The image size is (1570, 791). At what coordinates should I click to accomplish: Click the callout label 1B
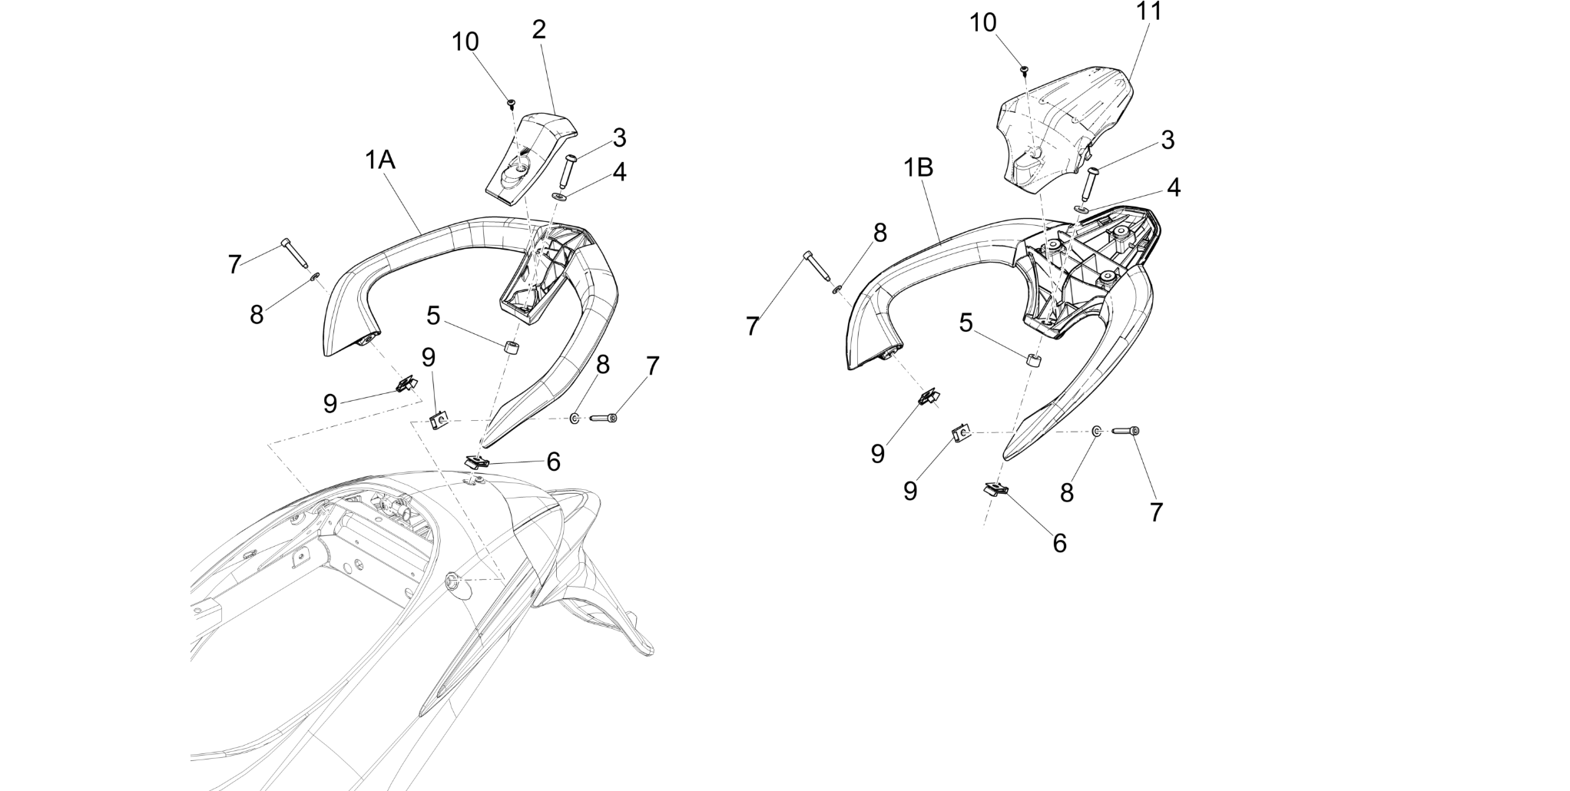(918, 167)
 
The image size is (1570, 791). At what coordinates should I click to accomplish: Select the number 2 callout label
(539, 30)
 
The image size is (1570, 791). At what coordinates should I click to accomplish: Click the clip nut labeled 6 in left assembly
(478, 462)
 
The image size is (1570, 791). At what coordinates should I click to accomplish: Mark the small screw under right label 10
(1024, 70)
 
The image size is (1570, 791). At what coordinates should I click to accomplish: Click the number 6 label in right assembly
(1059, 543)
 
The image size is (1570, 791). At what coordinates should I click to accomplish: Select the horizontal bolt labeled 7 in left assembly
(604, 418)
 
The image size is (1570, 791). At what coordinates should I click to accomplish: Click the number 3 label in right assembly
(1168, 140)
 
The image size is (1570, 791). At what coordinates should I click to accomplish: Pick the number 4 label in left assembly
(619, 172)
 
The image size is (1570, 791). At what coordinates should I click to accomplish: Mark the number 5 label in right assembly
(966, 323)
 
